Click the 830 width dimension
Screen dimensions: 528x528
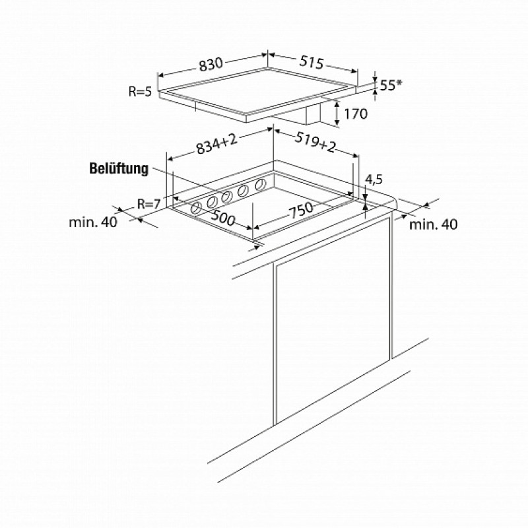click(211, 64)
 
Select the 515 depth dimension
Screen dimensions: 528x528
click(312, 62)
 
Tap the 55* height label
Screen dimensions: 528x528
click(391, 85)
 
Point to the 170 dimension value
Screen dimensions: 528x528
click(356, 114)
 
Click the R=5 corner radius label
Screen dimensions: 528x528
click(141, 91)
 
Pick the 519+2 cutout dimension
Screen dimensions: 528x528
click(315, 142)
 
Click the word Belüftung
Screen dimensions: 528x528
click(119, 169)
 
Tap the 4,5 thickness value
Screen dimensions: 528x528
click(374, 180)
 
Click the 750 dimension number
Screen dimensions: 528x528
click(301, 211)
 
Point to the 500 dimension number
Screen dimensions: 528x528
click(222, 218)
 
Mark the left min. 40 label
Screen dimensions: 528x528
click(93, 222)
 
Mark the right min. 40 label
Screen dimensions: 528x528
click(433, 224)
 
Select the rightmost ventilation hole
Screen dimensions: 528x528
click(260, 185)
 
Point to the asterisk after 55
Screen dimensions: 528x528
click(399, 82)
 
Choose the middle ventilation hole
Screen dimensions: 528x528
click(228, 197)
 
